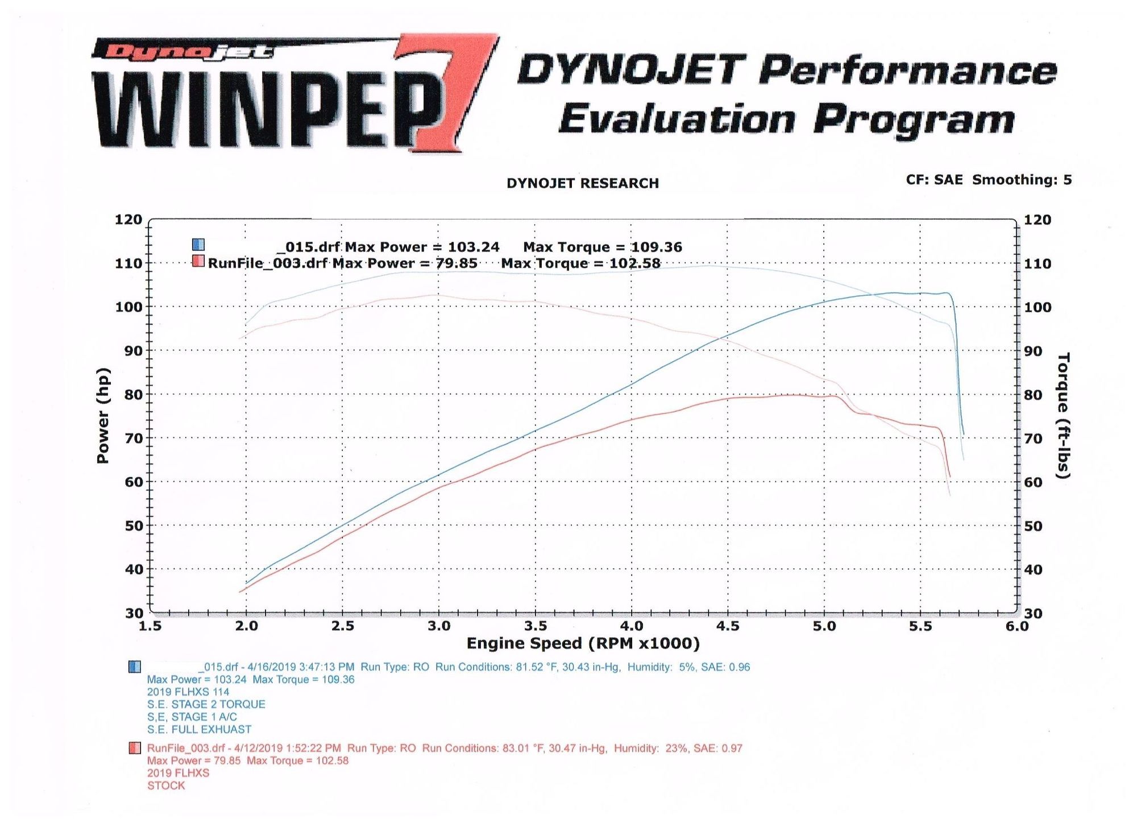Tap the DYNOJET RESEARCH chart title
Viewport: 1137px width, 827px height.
tap(582, 183)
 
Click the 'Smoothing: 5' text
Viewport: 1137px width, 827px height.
tap(1022, 180)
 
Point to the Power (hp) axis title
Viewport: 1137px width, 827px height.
tap(103, 415)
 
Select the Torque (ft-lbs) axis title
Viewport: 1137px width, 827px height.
tap(1063, 415)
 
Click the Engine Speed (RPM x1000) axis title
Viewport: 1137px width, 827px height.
tap(583, 643)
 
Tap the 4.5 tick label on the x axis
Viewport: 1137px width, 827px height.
tap(728, 626)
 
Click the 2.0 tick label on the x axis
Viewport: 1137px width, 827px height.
tap(246, 626)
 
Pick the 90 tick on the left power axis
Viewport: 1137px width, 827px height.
tap(133, 350)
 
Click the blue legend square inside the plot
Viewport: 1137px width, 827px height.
tap(198, 245)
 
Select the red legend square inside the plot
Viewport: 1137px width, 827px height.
tap(198, 262)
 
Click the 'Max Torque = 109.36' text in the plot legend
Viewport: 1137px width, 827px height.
tap(603, 247)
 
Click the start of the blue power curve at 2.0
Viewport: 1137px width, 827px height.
tap(247, 582)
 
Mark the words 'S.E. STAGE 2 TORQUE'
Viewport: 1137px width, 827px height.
tap(206, 704)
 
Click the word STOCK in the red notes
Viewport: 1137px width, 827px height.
tap(166, 785)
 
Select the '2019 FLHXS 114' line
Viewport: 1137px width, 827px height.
tap(188, 692)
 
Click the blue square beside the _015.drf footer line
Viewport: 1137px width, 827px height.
tap(135, 667)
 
